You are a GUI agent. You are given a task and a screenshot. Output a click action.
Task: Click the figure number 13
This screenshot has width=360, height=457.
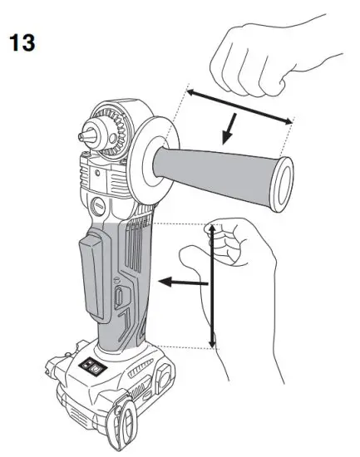pyautogui.click(x=22, y=42)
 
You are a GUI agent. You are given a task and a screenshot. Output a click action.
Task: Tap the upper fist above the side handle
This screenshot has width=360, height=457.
pyautogui.click(x=249, y=58)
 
